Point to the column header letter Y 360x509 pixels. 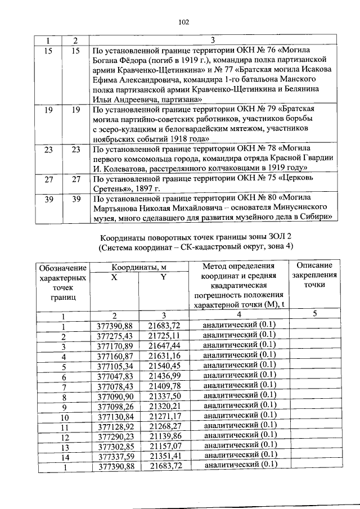[x=164, y=276]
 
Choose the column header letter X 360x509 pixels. [x=114, y=276]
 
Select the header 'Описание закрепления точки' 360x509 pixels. [x=314, y=275]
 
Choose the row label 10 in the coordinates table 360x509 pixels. [x=64, y=417]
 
